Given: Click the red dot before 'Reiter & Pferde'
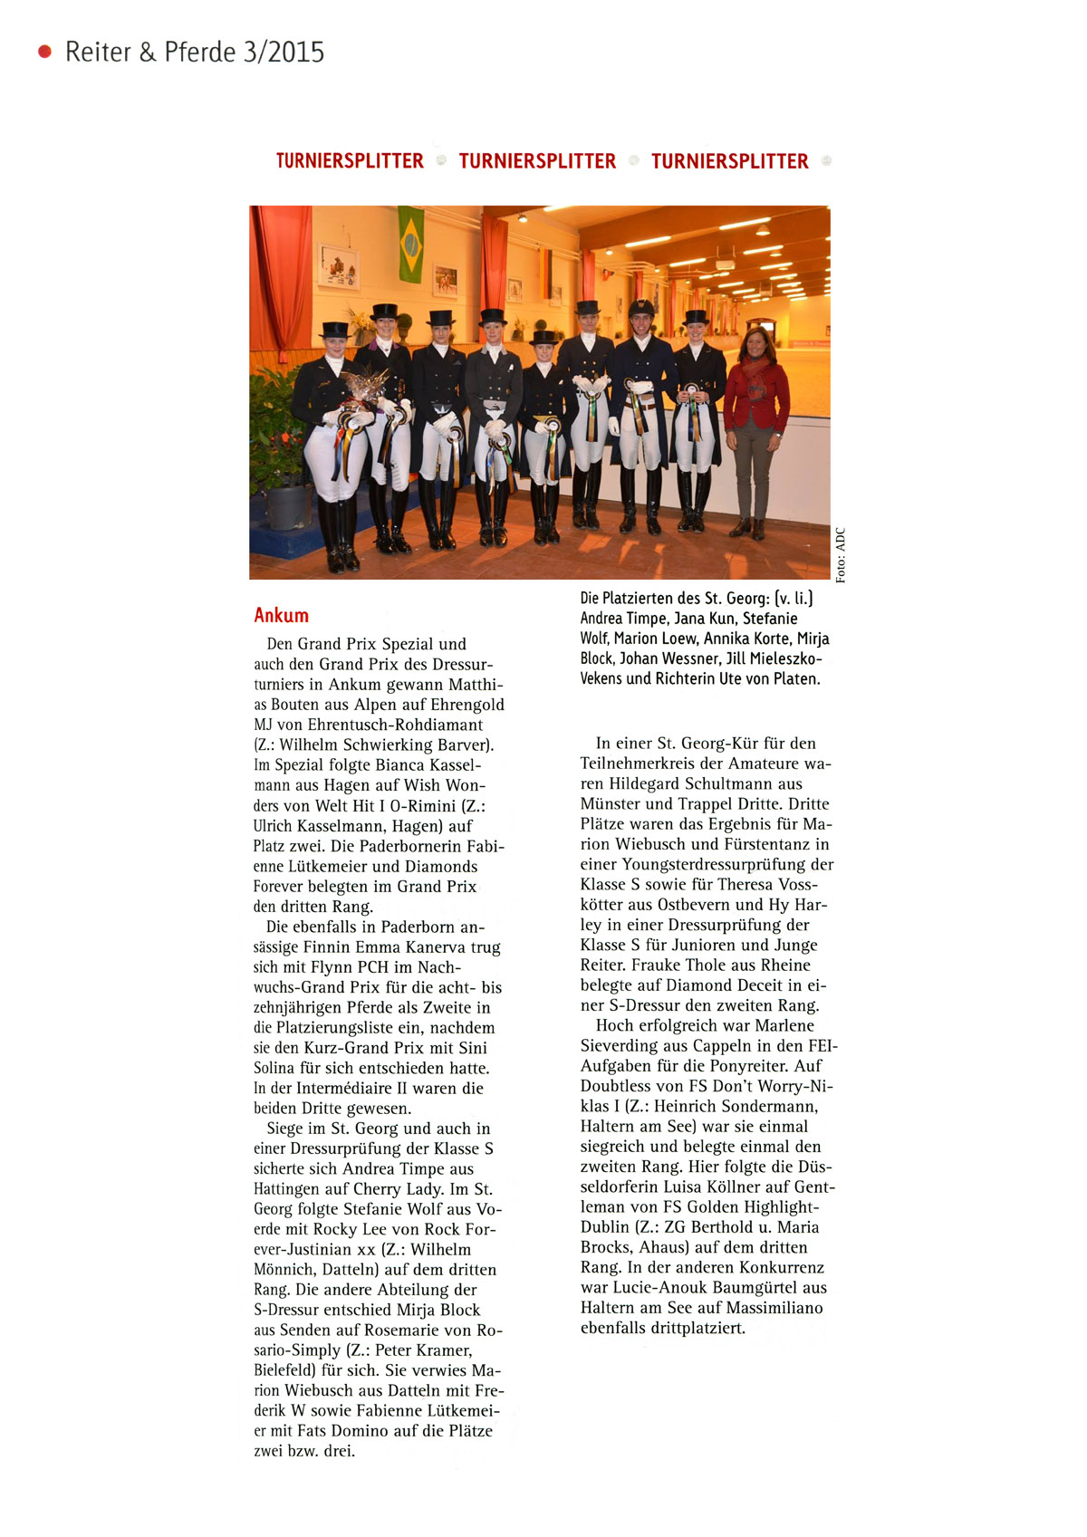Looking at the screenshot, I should coord(44,52).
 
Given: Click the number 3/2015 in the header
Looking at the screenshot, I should coord(284,53).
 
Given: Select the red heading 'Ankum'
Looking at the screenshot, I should coord(281,616).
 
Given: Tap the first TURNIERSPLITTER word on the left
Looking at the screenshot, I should coord(350,161).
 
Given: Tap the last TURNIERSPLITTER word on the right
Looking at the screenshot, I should coord(729,161).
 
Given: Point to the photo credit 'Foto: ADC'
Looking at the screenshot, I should coord(841,555).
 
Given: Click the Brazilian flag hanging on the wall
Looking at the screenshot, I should coord(410,244).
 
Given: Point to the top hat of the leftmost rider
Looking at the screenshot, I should coord(334,330).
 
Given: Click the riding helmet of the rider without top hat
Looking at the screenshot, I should coord(641,308).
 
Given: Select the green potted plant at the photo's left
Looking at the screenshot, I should coord(276,435).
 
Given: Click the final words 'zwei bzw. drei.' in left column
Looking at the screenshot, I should coord(304,1451).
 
